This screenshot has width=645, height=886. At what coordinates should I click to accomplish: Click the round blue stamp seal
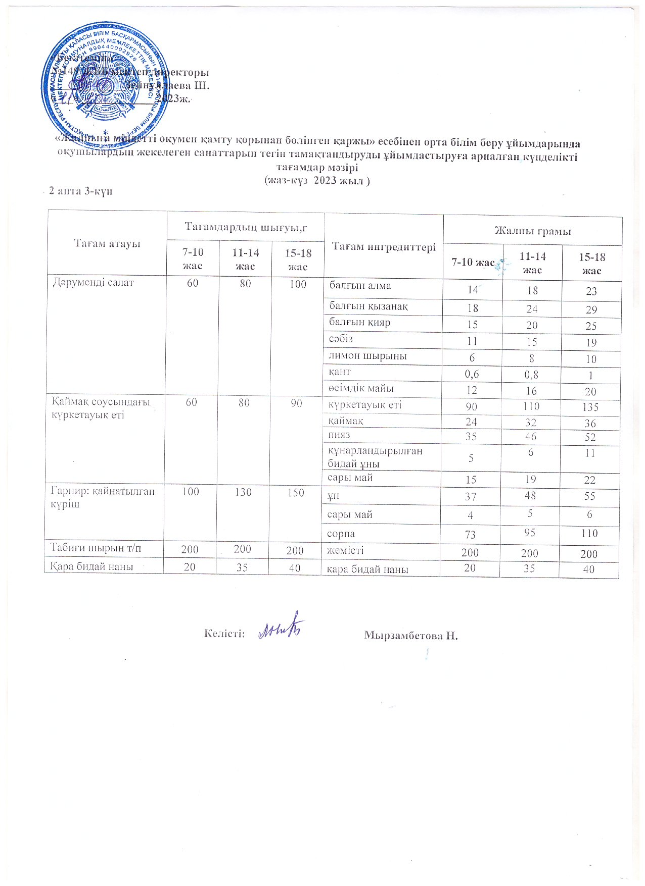click(105, 82)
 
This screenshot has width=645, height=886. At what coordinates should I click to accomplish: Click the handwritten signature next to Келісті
click(281, 631)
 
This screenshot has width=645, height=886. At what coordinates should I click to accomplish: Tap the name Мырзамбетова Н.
click(410, 635)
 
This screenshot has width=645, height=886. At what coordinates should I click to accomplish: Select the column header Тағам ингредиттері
click(384, 246)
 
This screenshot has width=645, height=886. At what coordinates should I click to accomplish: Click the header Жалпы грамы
click(532, 231)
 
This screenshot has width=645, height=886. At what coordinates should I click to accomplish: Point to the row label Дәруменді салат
click(94, 283)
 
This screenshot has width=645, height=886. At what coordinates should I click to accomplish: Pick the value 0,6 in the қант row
click(472, 374)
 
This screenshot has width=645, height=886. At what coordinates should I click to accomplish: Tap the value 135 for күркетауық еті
click(590, 407)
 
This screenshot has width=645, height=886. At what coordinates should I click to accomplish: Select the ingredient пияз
click(339, 435)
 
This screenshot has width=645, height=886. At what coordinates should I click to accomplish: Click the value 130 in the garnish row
click(243, 492)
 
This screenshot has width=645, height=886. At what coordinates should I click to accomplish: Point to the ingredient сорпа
click(341, 534)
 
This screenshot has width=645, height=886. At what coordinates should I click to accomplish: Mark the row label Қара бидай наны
click(91, 566)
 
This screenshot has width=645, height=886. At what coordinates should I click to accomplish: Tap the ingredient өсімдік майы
click(361, 388)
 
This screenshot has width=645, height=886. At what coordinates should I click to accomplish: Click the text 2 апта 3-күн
click(80, 191)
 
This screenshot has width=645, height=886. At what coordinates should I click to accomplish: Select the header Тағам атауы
click(107, 243)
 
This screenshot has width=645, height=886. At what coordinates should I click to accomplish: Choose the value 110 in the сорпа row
click(589, 533)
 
